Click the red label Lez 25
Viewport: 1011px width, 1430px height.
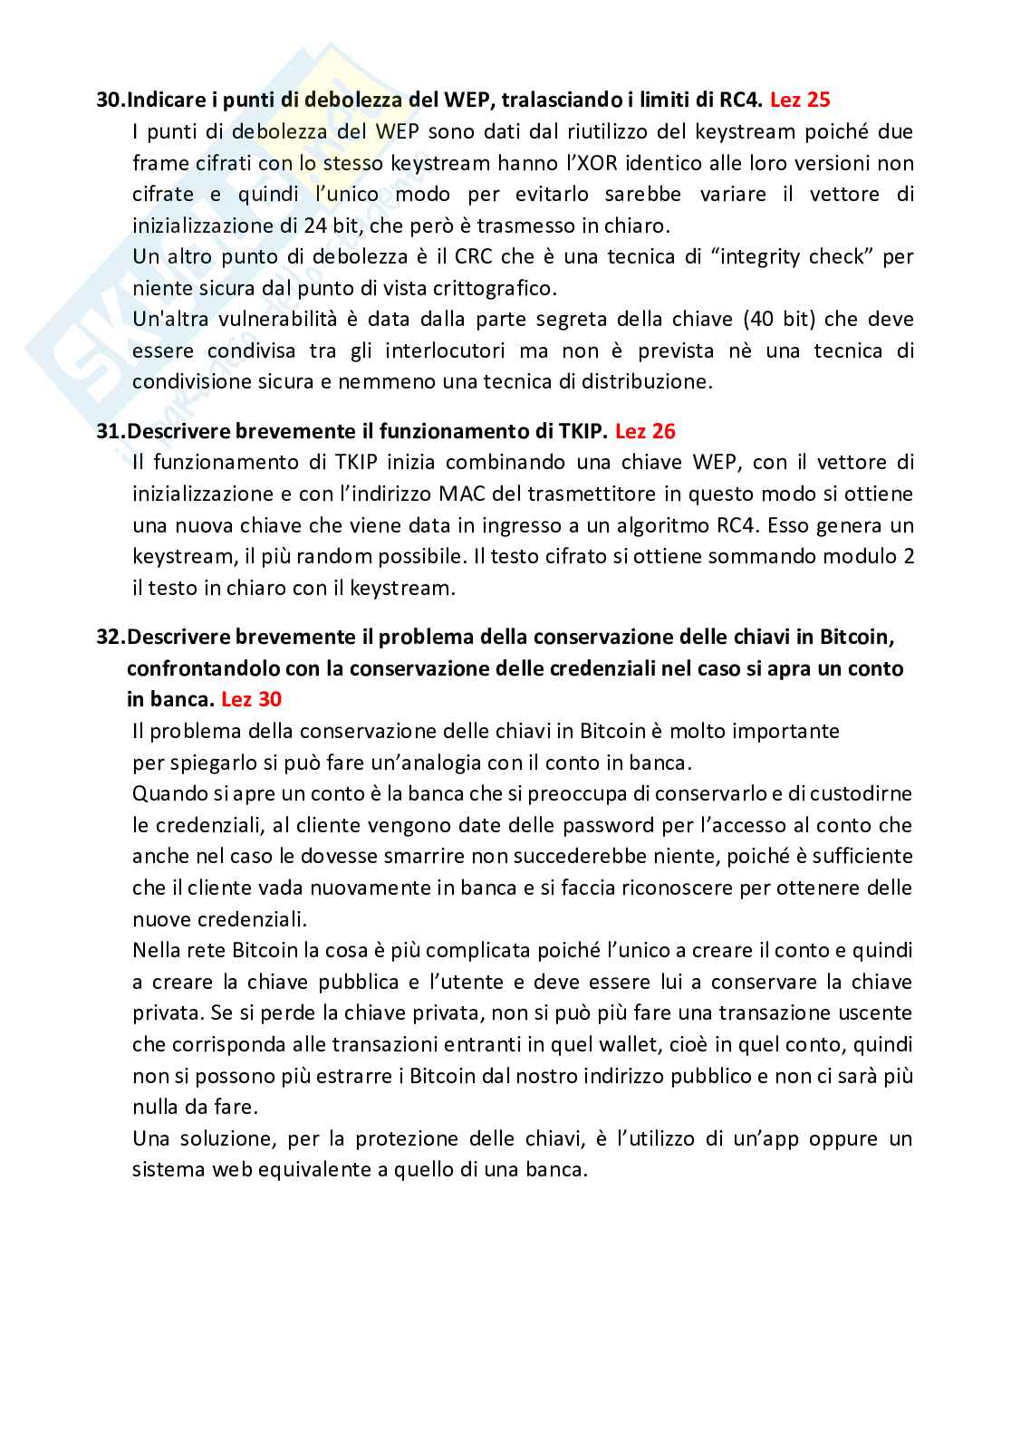point(800,99)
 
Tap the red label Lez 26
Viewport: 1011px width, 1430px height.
point(645,431)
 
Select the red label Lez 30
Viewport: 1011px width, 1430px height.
point(251,699)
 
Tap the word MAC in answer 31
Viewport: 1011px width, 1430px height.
point(458,494)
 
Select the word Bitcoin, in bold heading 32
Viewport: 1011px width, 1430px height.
point(858,638)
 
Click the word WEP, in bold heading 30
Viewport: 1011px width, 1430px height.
point(470,99)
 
